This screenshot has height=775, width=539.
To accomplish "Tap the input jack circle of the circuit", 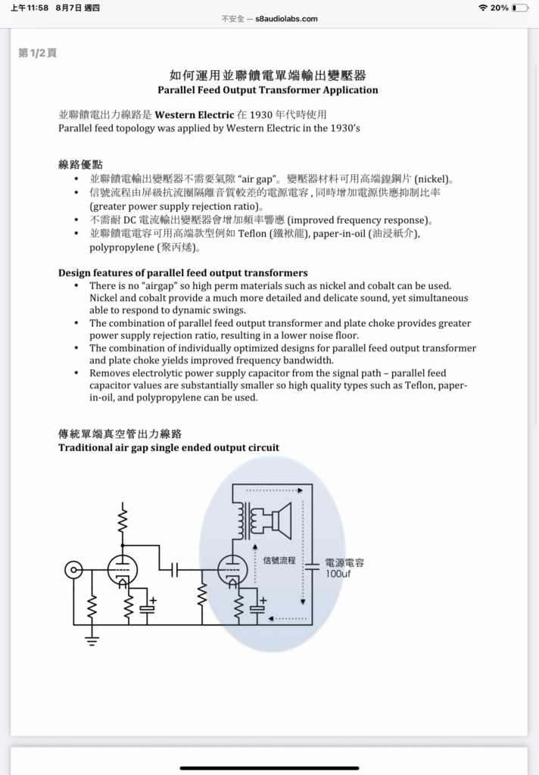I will click(x=73, y=571).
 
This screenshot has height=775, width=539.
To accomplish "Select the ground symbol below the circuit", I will click(x=92, y=642).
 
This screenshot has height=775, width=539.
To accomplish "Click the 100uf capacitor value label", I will click(x=338, y=574).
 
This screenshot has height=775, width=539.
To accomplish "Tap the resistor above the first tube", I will click(x=121, y=520).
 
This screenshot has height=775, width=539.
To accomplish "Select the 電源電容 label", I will click(x=344, y=562).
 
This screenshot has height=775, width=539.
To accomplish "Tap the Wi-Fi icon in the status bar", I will click(x=483, y=8).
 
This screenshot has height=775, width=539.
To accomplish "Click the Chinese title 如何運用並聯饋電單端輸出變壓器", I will click(x=268, y=75).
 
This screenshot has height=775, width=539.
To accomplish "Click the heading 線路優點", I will click(x=80, y=164).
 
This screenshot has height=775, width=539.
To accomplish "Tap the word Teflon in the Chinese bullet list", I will click(x=252, y=234).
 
